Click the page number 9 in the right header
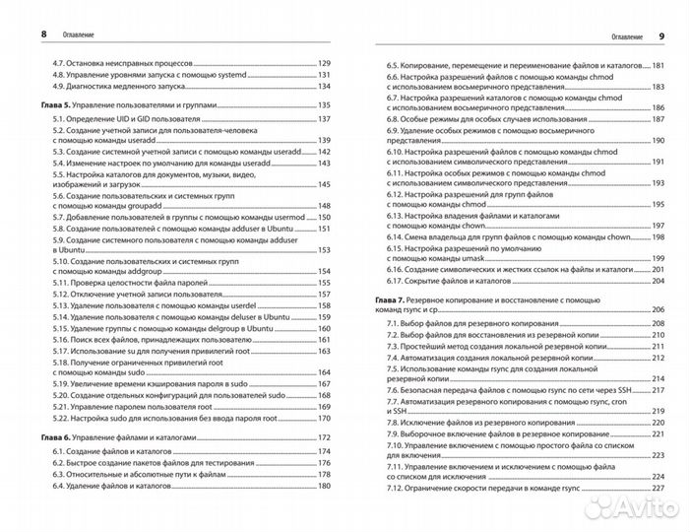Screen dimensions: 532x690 click(660, 35)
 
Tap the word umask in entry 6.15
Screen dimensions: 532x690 click(471, 258)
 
